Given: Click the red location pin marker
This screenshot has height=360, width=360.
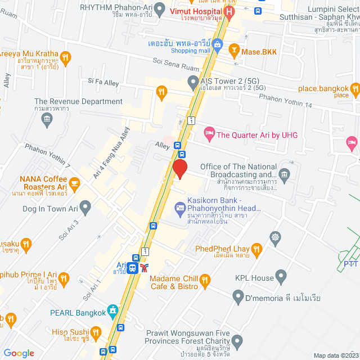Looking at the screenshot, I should pyautogui.click(x=179, y=169).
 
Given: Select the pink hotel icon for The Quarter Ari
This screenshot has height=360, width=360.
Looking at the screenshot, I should pyautogui.click(x=209, y=134).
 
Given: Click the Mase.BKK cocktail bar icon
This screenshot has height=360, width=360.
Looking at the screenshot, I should pyautogui.click(x=233, y=52).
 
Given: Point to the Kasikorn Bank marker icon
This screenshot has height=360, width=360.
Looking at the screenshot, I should pyautogui.click(x=180, y=208).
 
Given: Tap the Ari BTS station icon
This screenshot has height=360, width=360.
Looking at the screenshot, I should pyautogui.click(x=132, y=268).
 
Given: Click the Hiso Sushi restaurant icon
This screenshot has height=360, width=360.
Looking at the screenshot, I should pyautogui.click(x=96, y=332).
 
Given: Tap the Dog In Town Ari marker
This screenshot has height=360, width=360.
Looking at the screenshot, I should pyautogui.click(x=85, y=209).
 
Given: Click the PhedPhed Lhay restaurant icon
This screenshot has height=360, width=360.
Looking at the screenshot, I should pyautogui.click(x=256, y=249).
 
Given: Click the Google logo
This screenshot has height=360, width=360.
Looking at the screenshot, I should pyautogui.click(x=19, y=353).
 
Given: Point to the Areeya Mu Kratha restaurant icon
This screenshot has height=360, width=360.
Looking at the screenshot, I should pyautogui.click(x=66, y=56).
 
